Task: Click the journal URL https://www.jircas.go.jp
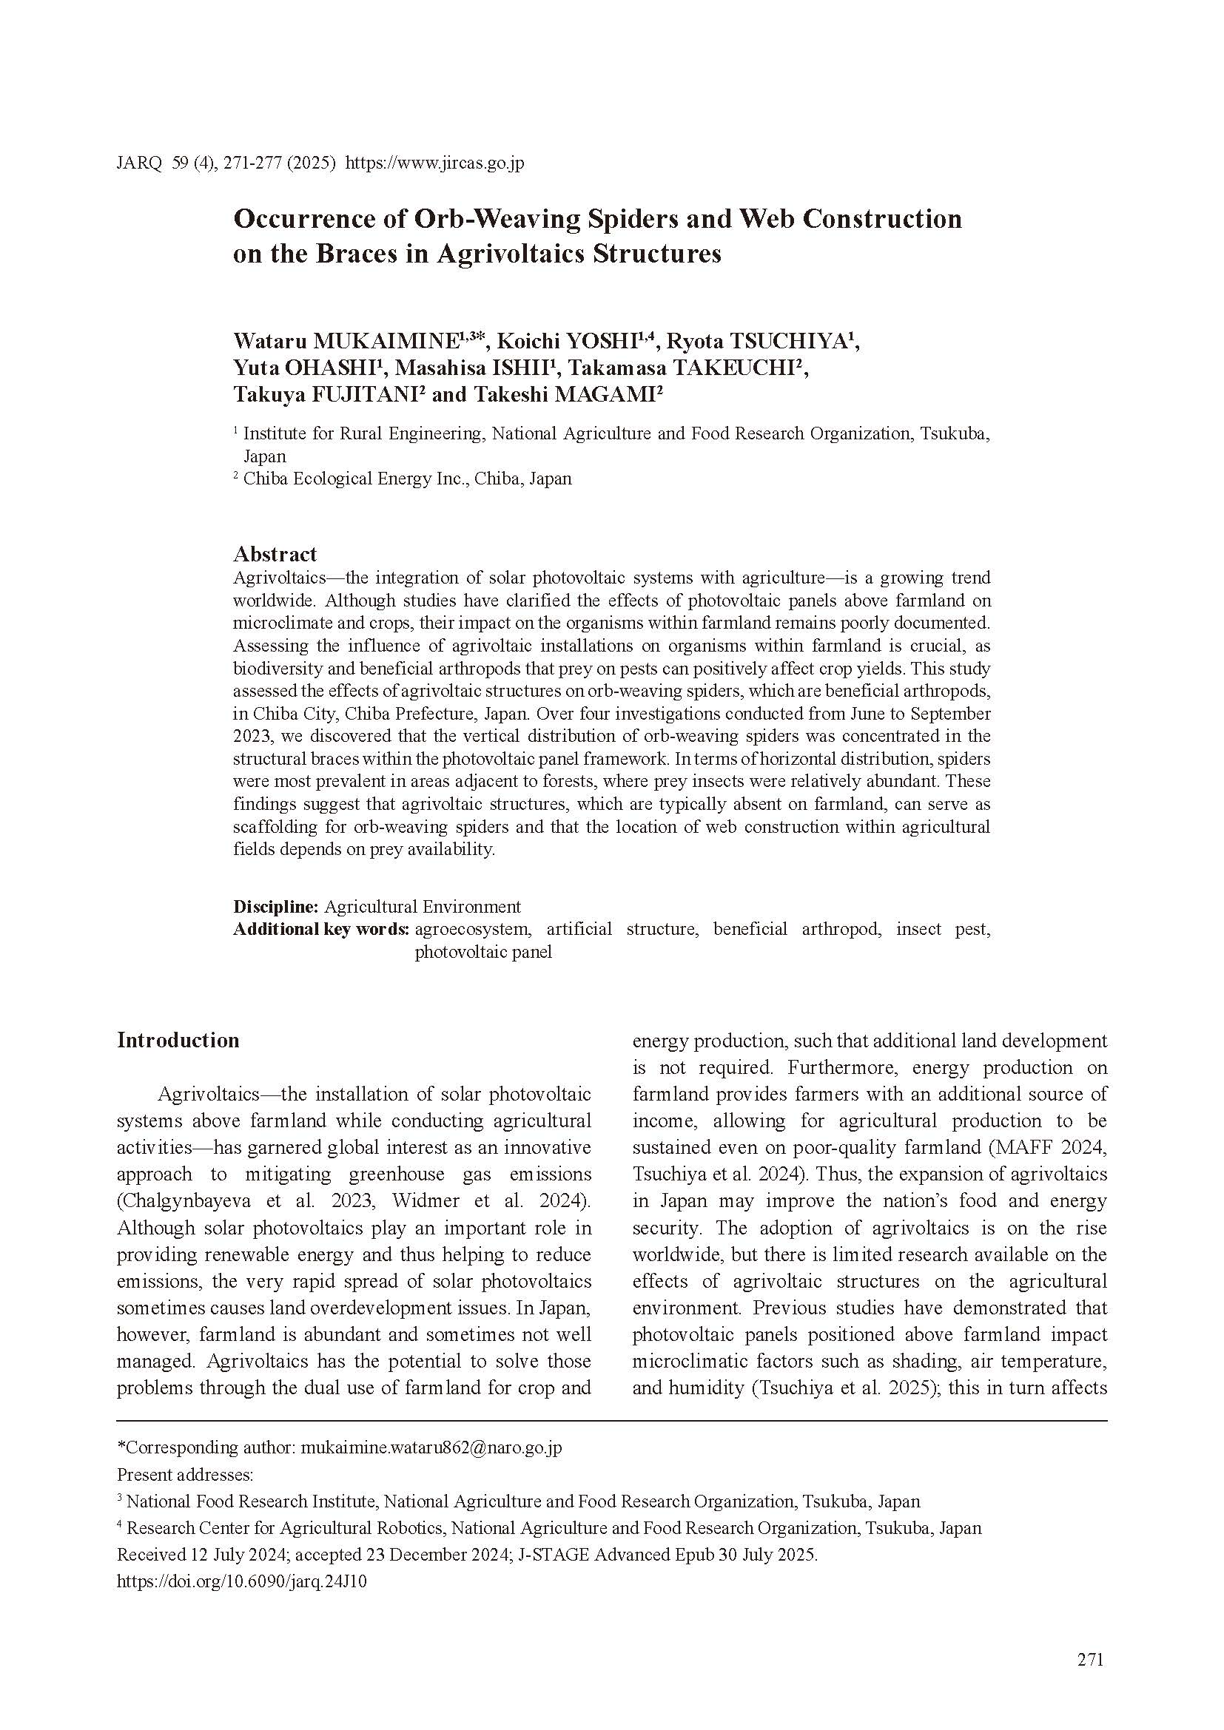(434, 163)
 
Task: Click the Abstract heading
(275, 554)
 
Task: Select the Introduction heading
(178, 1041)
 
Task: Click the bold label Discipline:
(276, 907)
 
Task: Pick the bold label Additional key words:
(321, 929)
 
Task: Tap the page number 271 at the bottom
(1091, 1659)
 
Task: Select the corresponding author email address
(431, 1447)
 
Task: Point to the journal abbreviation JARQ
(139, 163)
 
